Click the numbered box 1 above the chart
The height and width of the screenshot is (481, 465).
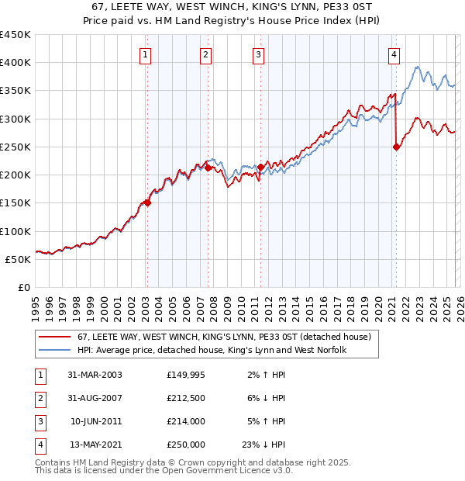[x=146, y=54]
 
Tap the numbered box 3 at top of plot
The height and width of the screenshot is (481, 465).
[x=258, y=54]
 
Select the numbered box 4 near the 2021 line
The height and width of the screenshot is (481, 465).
[x=394, y=54]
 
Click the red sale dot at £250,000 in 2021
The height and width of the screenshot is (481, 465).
[x=396, y=147]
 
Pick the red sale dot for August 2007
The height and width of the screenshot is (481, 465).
[x=208, y=168]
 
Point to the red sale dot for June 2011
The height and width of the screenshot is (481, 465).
[x=260, y=167]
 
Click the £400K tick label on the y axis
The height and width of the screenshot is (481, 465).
[x=15, y=63]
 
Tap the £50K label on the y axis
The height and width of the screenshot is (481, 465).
[x=19, y=259]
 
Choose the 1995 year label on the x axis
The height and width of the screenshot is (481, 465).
[x=36, y=307]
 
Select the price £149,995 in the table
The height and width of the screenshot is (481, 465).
[x=186, y=374]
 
